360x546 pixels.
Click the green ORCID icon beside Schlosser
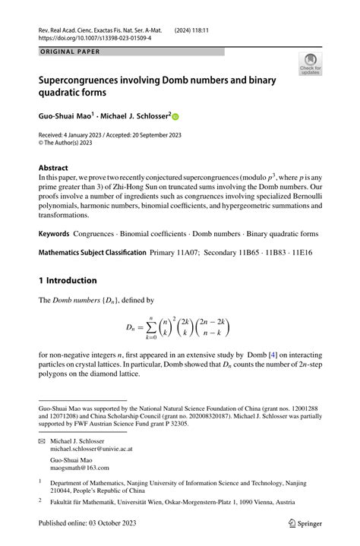click(x=176, y=117)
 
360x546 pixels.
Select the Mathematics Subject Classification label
click(x=92, y=252)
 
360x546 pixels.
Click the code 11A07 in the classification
click(x=192, y=252)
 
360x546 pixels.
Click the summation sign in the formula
click(x=150, y=328)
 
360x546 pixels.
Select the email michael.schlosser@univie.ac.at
click(x=90, y=449)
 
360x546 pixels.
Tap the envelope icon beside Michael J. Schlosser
click(x=42, y=440)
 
